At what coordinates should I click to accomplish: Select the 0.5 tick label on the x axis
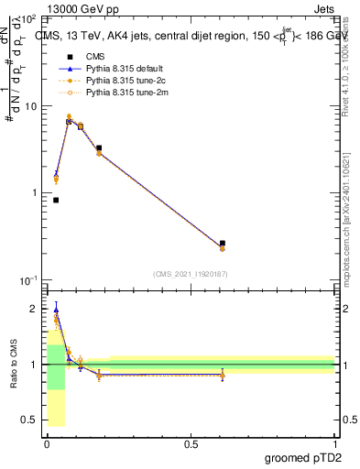pyautogui.click(x=191, y=444)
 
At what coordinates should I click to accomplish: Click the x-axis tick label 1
pyautogui.click(x=333, y=444)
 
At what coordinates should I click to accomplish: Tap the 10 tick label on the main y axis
pyautogui.click(x=27, y=106)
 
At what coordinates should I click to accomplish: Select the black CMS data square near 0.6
pyautogui.click(x=223, y=244)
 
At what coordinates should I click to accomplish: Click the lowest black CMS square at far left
pyautogui.click(x=56, y=200)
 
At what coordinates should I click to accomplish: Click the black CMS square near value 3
pyautogui.click(x=99, y=147)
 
